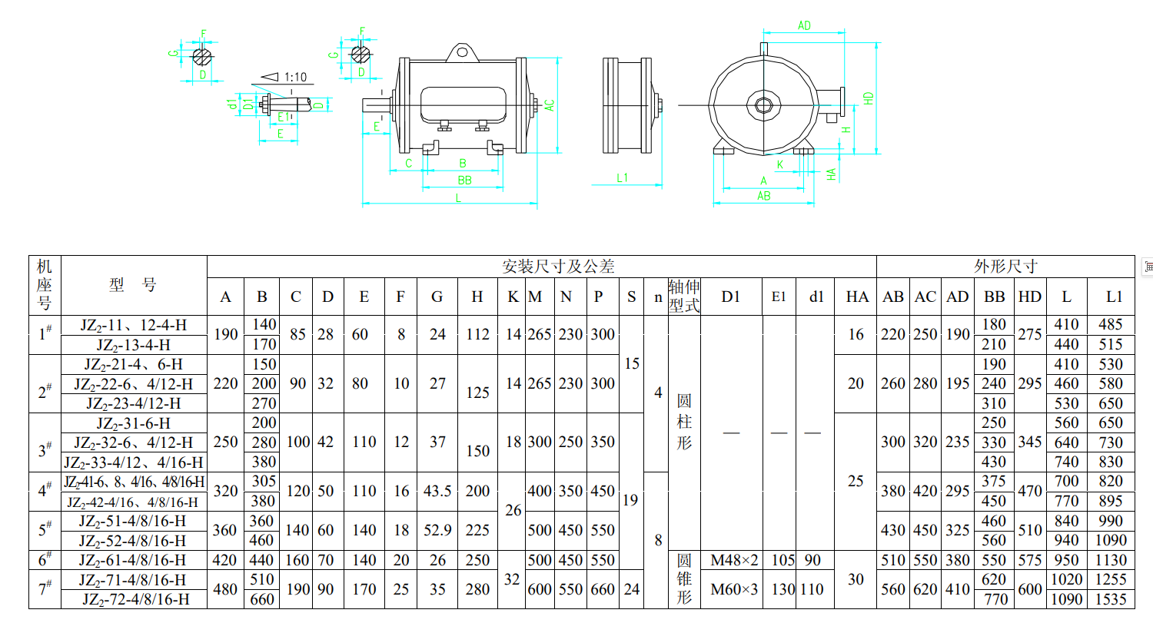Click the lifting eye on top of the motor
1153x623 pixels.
462,52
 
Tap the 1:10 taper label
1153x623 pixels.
295,77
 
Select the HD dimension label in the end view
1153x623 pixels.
869,98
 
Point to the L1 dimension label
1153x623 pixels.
623,178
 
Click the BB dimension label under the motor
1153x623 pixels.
464,180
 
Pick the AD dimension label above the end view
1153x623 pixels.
804,25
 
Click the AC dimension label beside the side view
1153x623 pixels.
550,105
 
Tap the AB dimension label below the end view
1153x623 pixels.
764,196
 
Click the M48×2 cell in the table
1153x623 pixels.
734,560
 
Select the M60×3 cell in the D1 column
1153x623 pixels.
734,589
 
